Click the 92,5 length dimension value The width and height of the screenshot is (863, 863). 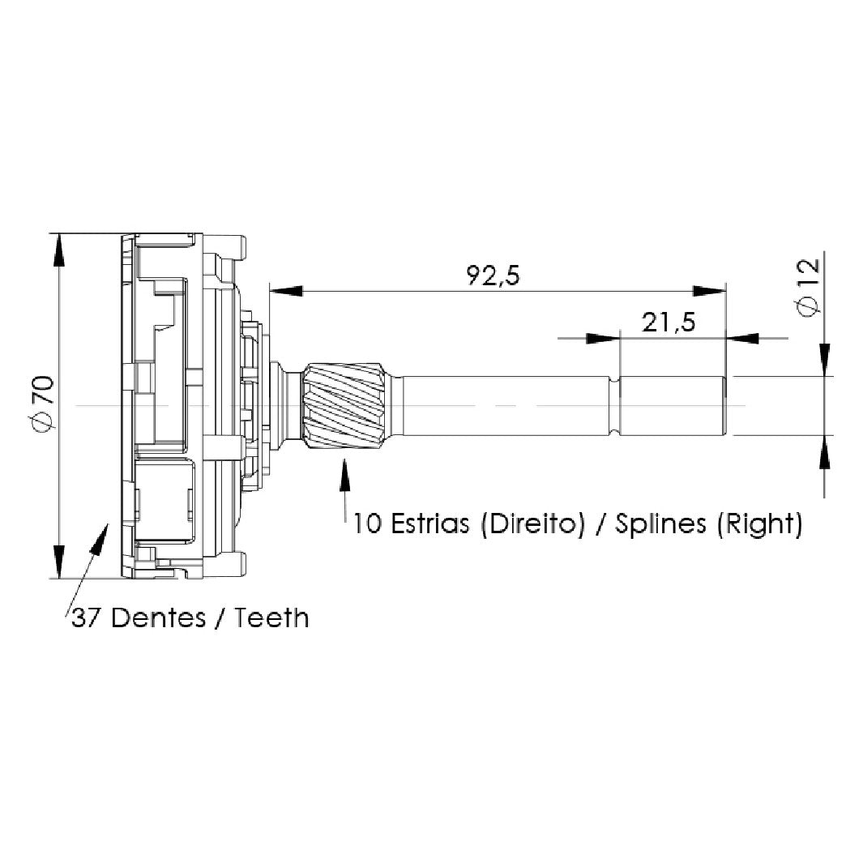(493, 276)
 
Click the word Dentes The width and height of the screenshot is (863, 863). (159, 617)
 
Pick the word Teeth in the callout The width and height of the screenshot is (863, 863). (272, 617)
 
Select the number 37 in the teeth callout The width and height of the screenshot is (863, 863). (85, 618)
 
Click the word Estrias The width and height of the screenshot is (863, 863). (430, 523)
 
